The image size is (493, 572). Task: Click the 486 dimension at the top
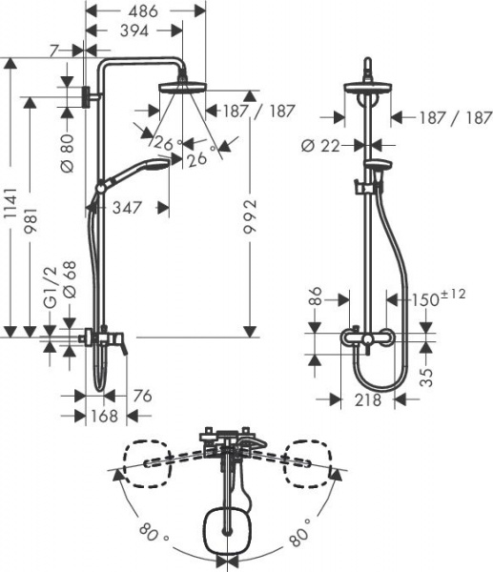[x=145, y=11]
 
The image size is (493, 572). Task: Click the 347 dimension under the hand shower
[x=129, y=206]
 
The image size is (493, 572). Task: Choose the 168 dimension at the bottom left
[x=104, y=416]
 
